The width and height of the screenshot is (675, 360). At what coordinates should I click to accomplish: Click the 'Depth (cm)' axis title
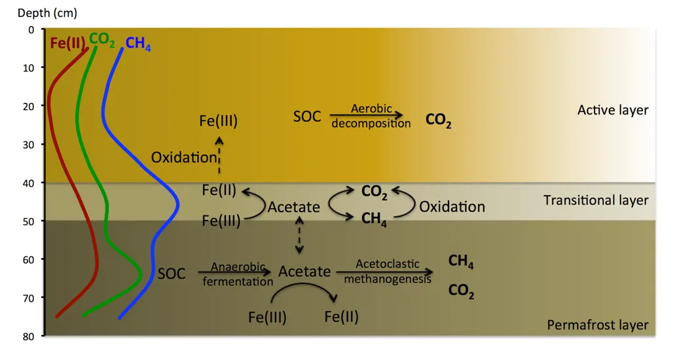(47, 13)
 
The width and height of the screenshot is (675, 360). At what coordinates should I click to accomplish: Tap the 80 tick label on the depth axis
(28, 336)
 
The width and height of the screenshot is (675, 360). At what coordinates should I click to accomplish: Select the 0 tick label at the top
(31, 30)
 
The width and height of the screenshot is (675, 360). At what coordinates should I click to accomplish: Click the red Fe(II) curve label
(67, 43)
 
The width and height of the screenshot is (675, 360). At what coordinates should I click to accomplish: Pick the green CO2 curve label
(102, 40)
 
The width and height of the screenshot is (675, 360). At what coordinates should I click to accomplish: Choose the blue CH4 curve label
(138, 44)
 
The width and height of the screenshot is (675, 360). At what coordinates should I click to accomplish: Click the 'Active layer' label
(613, 110)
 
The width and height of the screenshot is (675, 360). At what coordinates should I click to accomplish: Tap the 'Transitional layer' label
(596, 200)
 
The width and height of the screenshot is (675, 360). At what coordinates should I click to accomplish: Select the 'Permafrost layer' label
(598, 325)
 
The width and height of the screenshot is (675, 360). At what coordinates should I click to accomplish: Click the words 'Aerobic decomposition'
(371, 116)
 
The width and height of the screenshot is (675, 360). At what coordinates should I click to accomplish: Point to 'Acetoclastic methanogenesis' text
(388, 271)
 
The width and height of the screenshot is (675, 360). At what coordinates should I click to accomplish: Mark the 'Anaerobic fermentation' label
(238, 274)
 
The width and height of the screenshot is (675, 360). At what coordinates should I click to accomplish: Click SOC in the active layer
(307, 117)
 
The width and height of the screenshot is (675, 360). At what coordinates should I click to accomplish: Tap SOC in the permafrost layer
(172, 274)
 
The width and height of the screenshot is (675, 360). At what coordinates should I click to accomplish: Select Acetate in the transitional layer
(294, 207)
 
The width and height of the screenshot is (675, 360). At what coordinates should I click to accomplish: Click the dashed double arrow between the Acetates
(299, 235)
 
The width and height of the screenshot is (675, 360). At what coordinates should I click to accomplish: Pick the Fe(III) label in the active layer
(218, 120)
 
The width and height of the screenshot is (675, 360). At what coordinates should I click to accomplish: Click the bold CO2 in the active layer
(438, 120)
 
